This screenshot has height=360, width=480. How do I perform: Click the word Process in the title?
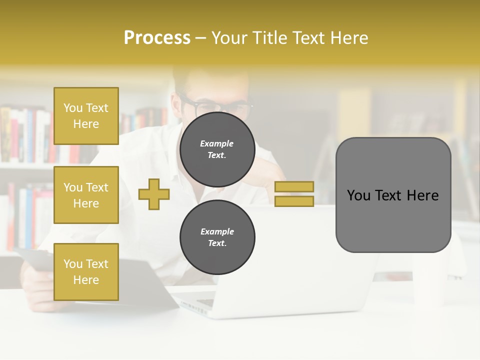click(x=157, y=38)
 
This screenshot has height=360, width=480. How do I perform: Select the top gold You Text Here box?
click(x=86, y=116)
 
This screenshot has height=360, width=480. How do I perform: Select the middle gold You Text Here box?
click(x=86, y=195)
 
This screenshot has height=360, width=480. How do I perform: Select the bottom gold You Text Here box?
click(x=86, y=271)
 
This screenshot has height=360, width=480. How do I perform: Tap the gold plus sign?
click(x=154, y=194)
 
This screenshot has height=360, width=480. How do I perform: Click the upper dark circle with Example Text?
click(x=217, y=149)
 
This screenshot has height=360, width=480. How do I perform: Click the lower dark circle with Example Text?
click(x=217, y=237)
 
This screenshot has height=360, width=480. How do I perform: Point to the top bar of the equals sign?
click(x=294, y=187)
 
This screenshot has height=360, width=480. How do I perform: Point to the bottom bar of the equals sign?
click(x=294, y=201)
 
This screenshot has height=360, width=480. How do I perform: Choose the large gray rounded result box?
click(x=393, y=194)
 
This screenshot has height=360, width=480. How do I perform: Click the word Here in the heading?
click(x=348, y=38)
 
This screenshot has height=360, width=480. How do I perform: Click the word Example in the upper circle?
click(x=217, y=143)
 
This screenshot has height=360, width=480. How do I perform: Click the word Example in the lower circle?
click(x=217, y=231)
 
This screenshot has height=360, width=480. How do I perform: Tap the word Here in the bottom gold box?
click(x=86, y=280)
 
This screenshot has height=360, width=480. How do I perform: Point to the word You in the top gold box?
click(x=73, y=108)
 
